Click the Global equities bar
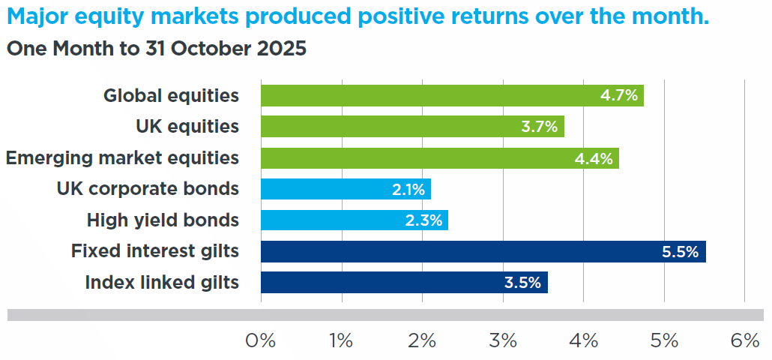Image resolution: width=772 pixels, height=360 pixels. (x=452, y=95)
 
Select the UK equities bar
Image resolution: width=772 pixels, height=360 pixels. (x=412, y=127)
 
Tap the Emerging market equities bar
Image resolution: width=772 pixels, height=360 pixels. (x=440, y=158)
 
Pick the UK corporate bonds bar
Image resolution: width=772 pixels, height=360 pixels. (x=346, y=189)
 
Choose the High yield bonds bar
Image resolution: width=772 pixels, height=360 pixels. (x=355, y=220)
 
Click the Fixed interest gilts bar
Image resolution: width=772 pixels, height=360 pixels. (x=483, y=252)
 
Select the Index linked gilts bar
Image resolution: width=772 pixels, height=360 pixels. (x=404, y=283)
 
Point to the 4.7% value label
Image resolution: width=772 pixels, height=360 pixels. (x=619, y=95)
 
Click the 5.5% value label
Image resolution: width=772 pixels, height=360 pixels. (x=681, y=252)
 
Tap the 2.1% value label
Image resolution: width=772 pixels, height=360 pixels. (x=408, y=190)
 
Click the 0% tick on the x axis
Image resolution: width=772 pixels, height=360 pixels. (x=260, y=341)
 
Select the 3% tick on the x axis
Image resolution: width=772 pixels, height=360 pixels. (x=503, y=341)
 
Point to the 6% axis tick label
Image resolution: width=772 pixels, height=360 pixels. (x=745, y=341)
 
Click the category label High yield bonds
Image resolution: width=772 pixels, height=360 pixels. (x=163, y=220)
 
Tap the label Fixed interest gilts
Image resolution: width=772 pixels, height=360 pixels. (x=155, y=252)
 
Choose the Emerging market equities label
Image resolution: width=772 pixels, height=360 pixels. (x=123, y=158)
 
